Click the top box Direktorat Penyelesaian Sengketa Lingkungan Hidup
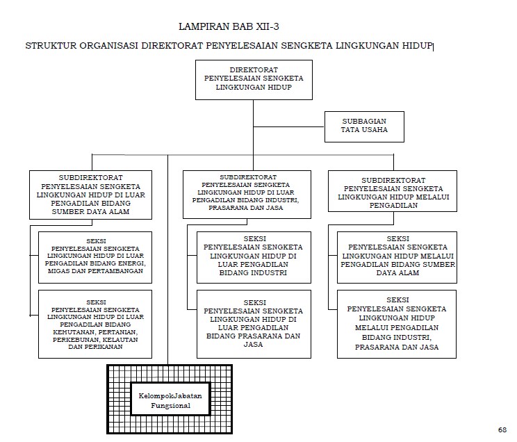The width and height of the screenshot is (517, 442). click(x=254, y=80)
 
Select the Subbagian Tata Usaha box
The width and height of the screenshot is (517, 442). click(x=363, y=126)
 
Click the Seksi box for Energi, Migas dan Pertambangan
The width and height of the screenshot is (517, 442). click(x=96, y=257)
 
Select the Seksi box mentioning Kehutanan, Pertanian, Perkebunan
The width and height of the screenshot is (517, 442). click(x=96, y=325)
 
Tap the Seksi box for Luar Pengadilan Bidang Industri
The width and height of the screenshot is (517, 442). click(x=254, y=256)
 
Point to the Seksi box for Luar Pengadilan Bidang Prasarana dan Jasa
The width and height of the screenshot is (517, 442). click(x=254, y=325)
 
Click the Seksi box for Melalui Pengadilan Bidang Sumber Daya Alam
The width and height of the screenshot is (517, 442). click(x=397, y=256)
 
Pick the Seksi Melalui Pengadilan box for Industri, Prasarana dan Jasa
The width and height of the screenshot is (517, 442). click(x=397, y=325)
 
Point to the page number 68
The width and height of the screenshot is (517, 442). click(x=502, y=429)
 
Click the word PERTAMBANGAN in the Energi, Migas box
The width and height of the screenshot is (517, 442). click(x=121, y=271)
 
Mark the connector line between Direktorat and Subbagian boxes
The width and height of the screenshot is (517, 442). click(x=289, y=127)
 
